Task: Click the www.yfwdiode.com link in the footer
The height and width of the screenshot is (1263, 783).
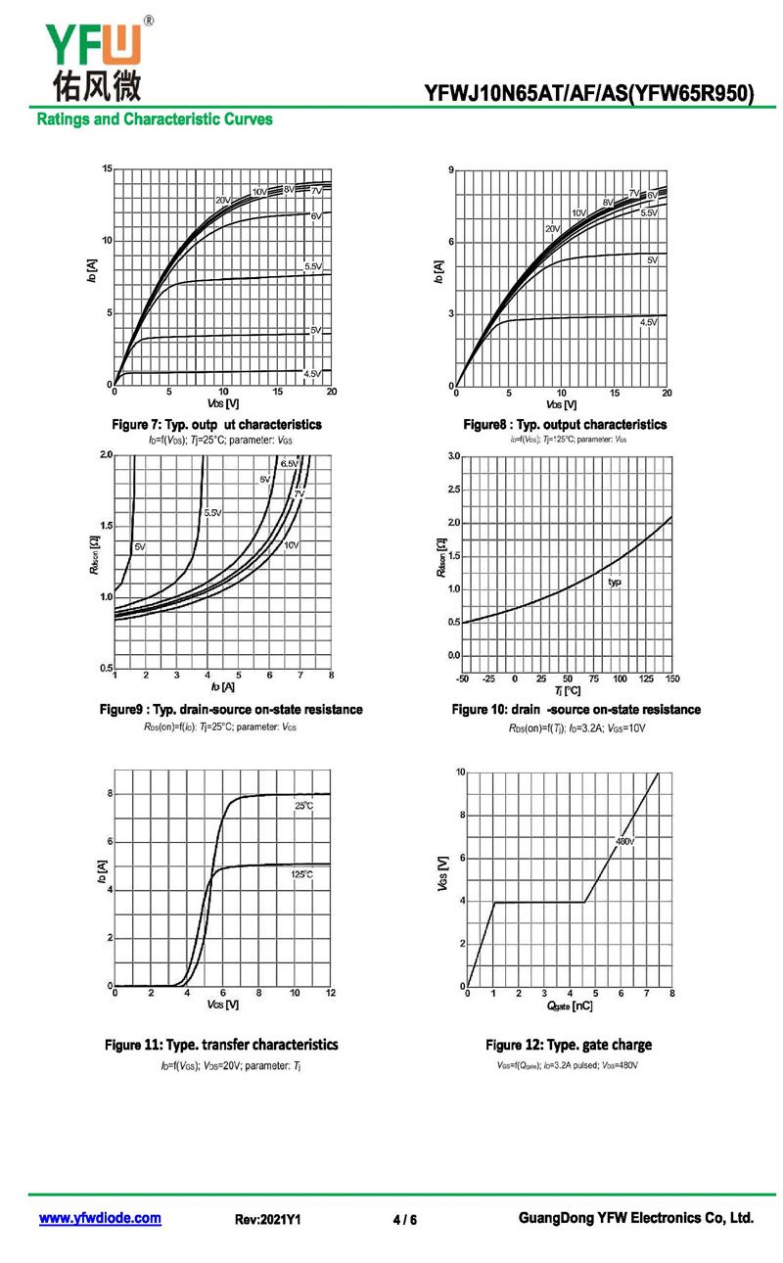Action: click(x=100, y=1218)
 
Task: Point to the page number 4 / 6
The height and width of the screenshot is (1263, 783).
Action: click(x=404, y=1220)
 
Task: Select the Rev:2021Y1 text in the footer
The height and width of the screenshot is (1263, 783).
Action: click(x=267, y=1220)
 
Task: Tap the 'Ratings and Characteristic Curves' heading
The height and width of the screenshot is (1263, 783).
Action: click(x=155, y=119)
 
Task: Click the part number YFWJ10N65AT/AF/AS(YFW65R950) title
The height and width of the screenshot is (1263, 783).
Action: click(x=589, y=94)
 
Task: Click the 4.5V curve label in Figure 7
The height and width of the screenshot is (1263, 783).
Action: click(x=312, y=374)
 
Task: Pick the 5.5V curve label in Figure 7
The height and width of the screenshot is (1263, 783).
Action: click(x=313, y=266)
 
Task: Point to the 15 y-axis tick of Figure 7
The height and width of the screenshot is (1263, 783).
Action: click(x=107, y=169)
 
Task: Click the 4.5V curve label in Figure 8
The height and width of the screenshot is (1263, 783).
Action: click(x=648, y=322)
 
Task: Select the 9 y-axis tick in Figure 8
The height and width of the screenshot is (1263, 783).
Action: click(x=450, y=171)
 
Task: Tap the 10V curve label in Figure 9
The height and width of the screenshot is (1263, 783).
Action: click(x=292, y=544)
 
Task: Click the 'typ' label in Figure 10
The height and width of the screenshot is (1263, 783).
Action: click(x=615, y=582)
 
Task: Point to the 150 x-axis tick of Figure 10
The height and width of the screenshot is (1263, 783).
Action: click(x=672, y=678)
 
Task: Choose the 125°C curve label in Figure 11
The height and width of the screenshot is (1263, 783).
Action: click(x=301, y=873)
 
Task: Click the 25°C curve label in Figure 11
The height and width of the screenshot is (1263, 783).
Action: click(x=303, y=806)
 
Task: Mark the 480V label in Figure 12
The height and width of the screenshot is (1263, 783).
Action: click(x=624, y=841)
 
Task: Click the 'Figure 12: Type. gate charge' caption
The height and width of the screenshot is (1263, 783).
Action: click(x=568, y=1045)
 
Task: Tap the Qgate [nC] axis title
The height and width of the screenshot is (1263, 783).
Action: click(x=568, y=1006)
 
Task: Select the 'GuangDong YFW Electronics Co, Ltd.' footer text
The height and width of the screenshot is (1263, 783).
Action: click(x=635, y=1218)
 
